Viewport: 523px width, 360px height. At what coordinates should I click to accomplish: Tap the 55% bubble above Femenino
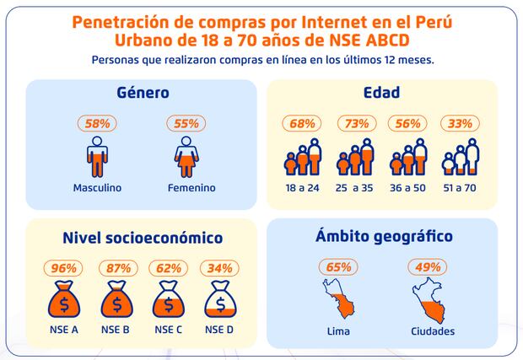tap(186, 124)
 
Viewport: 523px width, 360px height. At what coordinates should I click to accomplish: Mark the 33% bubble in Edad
tap(460, 123)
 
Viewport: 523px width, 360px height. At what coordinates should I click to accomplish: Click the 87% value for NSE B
tap(116, 268)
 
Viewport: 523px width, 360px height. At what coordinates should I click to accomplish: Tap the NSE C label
tap(169, 329)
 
